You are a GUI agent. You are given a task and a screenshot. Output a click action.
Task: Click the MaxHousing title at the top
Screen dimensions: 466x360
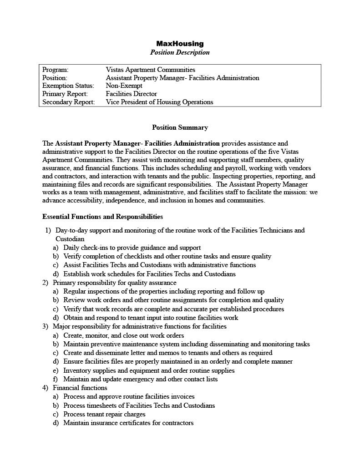180,44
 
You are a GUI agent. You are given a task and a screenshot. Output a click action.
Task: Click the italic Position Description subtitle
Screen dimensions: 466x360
180,52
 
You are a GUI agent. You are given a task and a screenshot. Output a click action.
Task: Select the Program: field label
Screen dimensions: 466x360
55,70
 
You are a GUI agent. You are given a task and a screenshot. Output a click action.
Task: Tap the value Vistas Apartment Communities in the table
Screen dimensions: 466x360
150,70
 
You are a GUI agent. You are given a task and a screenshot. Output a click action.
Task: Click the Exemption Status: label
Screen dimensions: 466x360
68,86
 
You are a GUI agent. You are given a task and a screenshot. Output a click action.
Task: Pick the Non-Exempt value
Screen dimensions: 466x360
123,86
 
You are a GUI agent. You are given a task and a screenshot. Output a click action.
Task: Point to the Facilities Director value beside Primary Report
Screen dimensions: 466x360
131,94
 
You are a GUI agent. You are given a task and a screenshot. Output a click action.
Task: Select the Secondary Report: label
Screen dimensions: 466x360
68,102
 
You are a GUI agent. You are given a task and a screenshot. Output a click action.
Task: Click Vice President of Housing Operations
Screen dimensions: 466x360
159,102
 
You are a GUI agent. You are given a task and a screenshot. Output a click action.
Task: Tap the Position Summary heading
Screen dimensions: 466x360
180,127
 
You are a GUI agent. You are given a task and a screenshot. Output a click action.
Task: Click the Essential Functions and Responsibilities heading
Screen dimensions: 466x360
102,217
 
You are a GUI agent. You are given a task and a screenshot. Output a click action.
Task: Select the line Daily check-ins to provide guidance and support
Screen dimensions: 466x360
132,248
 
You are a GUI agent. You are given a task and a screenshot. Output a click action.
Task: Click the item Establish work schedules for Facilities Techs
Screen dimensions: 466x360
149,274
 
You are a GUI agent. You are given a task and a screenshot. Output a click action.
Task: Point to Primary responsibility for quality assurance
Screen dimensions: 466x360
114,283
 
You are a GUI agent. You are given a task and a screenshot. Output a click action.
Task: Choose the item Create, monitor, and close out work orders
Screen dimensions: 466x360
123,335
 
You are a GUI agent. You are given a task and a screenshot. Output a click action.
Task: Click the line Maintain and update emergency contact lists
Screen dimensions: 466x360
140,379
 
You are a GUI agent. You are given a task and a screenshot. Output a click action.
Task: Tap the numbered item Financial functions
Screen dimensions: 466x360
80,388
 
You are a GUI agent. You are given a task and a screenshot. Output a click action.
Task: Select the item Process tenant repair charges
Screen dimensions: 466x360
104,414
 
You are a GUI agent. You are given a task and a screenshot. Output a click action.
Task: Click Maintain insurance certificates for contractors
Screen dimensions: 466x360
128,423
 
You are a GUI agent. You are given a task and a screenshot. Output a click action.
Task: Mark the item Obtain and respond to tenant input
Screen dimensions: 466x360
151,318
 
